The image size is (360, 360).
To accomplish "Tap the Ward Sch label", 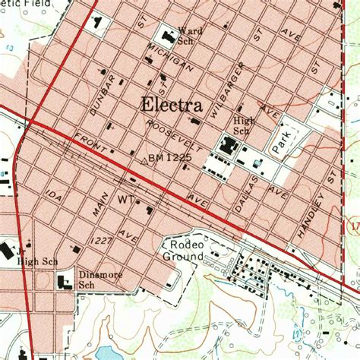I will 190,36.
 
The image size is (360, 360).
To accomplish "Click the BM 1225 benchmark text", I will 168,158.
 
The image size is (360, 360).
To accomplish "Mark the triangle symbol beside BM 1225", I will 144,160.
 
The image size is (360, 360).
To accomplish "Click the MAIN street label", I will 99,207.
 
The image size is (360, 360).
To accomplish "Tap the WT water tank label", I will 125,200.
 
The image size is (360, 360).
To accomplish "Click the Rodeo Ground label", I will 183,251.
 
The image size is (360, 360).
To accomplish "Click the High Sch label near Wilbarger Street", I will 244,125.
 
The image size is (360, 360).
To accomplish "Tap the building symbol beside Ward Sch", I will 166,35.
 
